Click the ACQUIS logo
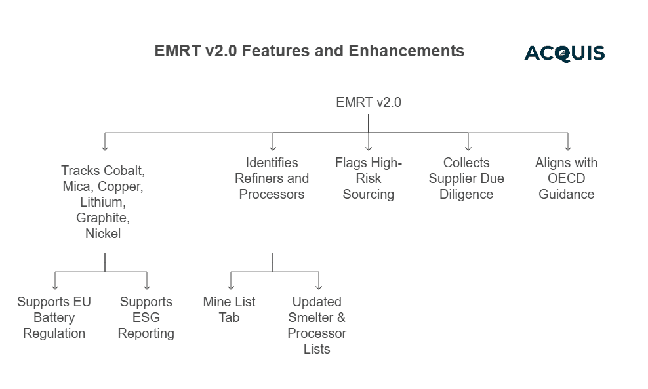(x=564, y=53)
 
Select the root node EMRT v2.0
(x=368, y=102)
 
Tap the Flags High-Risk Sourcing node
(x=368, y=178)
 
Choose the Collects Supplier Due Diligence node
(x=466, y=178)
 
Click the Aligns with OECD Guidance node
(x=566, y=178)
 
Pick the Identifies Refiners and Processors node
(x=272, y=178)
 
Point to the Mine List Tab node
(x=229, y=310)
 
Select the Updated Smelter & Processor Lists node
(x=317, y=325)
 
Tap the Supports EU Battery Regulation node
(x=54, y=317)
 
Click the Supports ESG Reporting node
(x=146, y=317)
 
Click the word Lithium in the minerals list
(x=103, y=202)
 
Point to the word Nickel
(x=103, y=234)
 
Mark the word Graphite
(x=103, y=218)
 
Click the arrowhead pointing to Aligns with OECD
(x=567, y=148)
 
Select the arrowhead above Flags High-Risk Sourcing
(x=369, y=148)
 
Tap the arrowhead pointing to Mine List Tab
(x=230, y=286)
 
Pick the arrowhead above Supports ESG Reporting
(x=147, y=286)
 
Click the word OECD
(x=566, y=178)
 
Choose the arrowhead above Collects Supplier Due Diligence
(x=468, y=148)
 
